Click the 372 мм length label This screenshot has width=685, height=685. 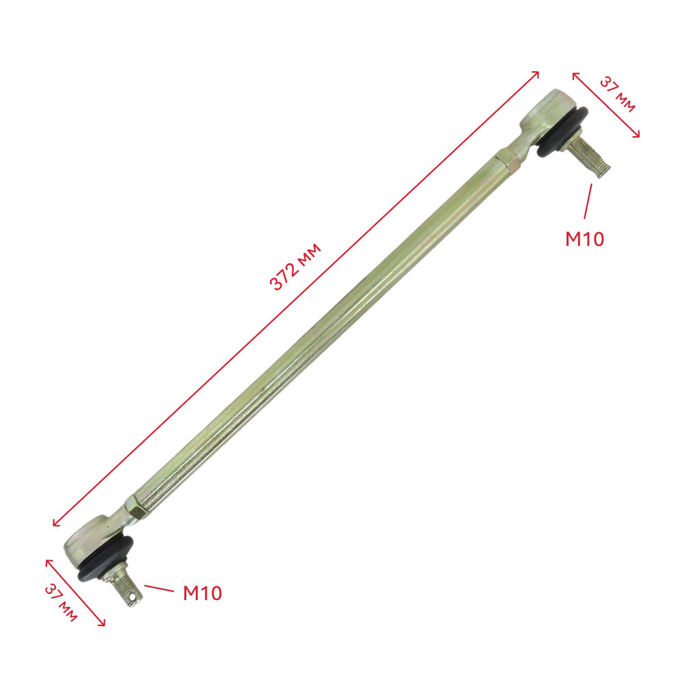click(x=296, y=266)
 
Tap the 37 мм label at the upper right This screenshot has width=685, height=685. click(x=617, y=95)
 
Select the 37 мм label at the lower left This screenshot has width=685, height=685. click(x=61, y=603)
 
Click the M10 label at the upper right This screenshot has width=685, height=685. click(x=584, y=239)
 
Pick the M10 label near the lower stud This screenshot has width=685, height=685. click(x=202, y=593)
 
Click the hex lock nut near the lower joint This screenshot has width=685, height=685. click(x=135, y=508)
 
